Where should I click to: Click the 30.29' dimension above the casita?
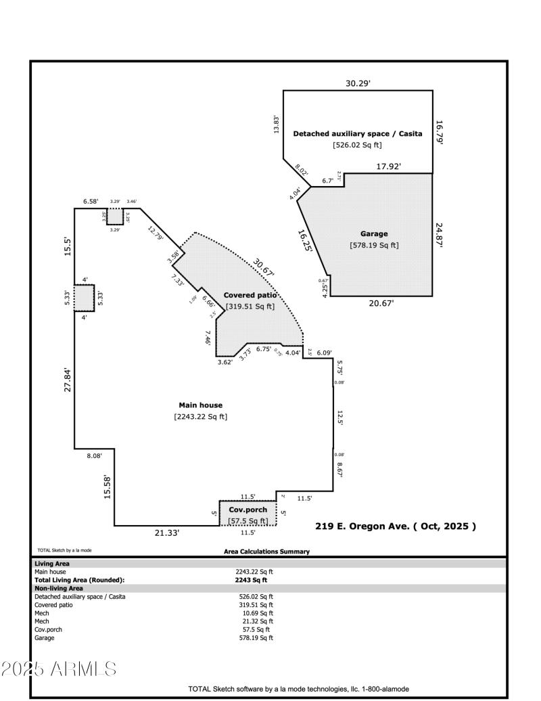[358, 83]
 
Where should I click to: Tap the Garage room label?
[374, 233]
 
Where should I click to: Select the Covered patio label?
[250, 295]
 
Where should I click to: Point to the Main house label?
[200, 405]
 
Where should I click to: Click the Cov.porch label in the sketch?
[248, 510]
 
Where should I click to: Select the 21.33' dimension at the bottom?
[166, 533]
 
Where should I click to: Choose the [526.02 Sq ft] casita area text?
[357, 145]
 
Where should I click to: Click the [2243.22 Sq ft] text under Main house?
[200, 417]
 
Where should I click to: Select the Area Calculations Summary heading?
[266, 551]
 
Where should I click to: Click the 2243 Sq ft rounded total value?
[251, 580]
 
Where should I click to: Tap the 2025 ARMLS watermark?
[59, 669]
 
